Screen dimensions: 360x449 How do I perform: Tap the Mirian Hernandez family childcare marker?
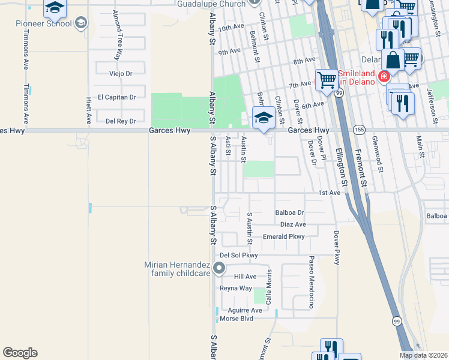click(219, 269)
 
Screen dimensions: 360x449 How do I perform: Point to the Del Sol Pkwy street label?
click(238, 256)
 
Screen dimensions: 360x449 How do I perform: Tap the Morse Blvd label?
click(237, 318)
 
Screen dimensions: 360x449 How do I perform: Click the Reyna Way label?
click(235, 288)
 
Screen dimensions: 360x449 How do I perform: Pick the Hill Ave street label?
click(245, 277)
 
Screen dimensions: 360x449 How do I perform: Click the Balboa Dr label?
click(290, 212)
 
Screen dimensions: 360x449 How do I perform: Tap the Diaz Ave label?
click(293, 224)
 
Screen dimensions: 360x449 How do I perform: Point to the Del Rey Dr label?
click(118, 120)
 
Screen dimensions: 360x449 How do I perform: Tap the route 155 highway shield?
click(359, 129)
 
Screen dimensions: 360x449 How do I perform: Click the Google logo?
click(20, 353)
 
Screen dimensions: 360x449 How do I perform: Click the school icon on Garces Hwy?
click(263, 118)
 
